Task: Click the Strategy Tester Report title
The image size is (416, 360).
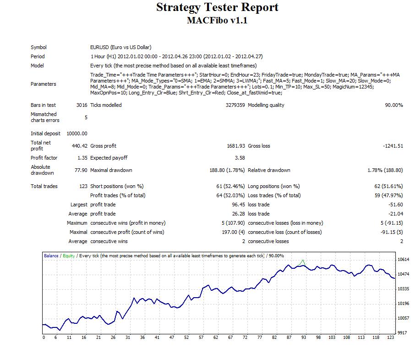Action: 217,8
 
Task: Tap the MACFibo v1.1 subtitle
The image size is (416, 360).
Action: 217,21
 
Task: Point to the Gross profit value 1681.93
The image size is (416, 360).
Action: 234,146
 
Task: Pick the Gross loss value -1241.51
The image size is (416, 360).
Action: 393,146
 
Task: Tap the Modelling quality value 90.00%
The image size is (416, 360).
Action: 394,105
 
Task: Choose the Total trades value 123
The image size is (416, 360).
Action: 83,186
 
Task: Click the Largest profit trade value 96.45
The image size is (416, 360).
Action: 237,205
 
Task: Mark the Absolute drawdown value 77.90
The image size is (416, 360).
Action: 80,170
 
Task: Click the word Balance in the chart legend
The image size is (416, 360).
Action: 51,256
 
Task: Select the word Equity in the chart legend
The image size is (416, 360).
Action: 69,256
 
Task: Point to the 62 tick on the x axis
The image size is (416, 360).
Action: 215,338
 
